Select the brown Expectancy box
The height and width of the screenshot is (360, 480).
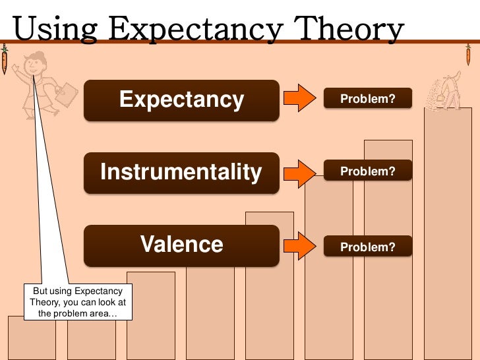coord(181,100)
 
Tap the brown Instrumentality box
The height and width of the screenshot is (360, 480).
coord(181,173)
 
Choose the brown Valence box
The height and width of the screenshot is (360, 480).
coord(181,245)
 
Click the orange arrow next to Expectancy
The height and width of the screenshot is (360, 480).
coord(300,99)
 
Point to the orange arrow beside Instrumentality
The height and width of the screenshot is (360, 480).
coord(300,173)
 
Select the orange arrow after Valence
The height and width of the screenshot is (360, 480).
coord(300,246)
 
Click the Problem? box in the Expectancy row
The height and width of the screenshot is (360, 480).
coord(367,99)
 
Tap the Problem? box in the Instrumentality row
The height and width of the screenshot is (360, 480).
coord(367,171)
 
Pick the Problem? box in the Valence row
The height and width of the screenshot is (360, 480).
coord(367,247)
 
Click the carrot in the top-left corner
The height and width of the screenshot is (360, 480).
coord(5,60)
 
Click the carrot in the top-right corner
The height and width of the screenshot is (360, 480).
coord(468,55)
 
